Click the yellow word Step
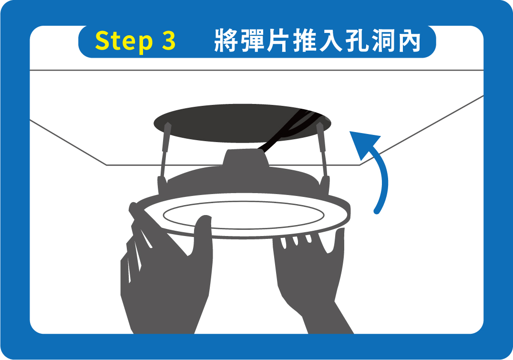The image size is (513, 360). [123, 41]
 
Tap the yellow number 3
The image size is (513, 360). [168, 41]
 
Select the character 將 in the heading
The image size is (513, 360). [226, 41]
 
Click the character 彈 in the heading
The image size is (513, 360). [252, 41]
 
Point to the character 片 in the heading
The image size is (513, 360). [278, 41]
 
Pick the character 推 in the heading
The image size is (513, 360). [305, 41]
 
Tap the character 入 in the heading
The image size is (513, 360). [331, 41]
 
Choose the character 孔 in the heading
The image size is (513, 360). [357, 41]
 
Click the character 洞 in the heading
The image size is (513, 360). [383, 41]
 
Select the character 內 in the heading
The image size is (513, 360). [409, 41]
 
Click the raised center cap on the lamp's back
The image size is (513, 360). [246, 158]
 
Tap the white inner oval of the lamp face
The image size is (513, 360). [244, 215]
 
